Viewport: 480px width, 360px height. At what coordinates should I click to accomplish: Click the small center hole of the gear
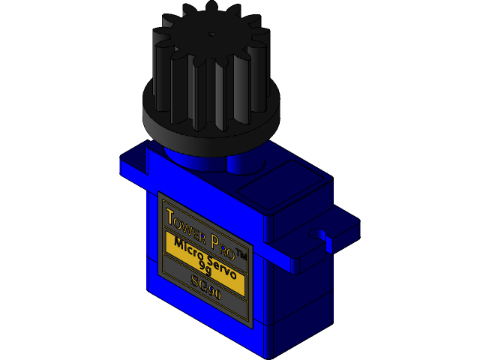point(211,34)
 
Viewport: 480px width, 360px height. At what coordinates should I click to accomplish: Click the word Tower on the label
point(184,226)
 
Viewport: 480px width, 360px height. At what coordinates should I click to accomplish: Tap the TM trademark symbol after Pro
point(241,254)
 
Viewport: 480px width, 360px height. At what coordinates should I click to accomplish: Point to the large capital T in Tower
point(170,217)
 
